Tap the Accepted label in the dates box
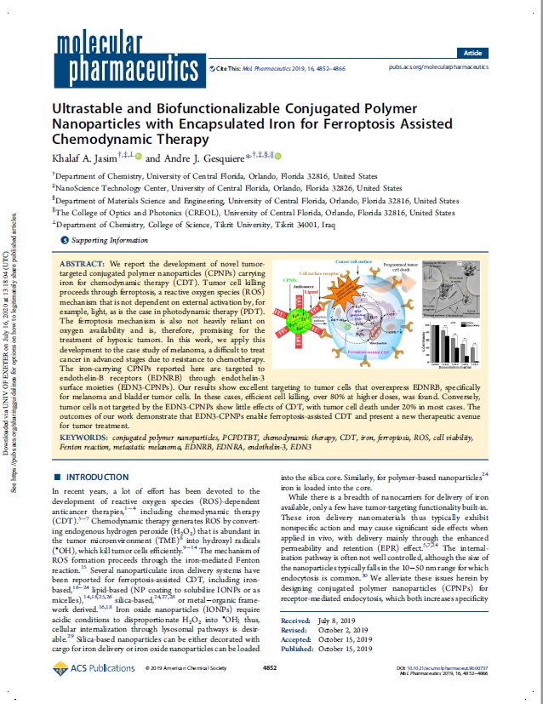pyautogui.click(x=294, y=663)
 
